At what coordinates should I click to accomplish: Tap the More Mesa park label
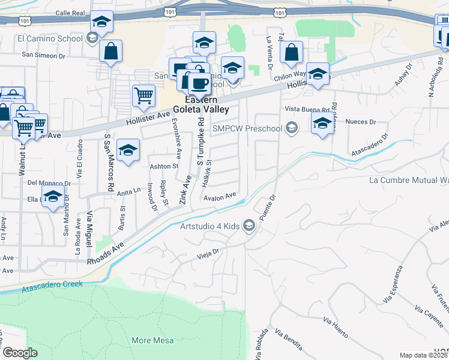[150, 340]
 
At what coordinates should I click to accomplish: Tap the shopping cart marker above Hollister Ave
[144, 95]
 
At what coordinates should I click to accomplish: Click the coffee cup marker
[199, 83]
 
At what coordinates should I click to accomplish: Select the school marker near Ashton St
[127, 152]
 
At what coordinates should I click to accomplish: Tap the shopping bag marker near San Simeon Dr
[111, 52]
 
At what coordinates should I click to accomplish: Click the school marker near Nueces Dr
[322, 124]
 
